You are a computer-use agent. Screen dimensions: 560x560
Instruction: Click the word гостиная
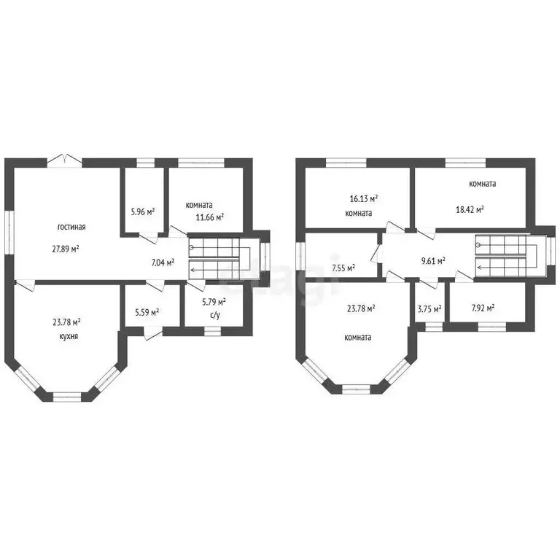[71, 227]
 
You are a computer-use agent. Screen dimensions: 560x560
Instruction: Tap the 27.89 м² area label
[66, 249]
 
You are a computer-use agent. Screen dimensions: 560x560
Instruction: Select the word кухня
[69, 336]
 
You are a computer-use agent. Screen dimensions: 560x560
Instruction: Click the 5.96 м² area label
[143, 211]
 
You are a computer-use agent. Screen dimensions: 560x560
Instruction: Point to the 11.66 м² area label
[210, 217]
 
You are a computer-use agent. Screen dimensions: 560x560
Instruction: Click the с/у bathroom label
[215, 316]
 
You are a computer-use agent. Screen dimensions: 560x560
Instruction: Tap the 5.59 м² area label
[147, 313]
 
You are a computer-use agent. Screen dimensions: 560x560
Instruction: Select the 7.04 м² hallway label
[163, 263]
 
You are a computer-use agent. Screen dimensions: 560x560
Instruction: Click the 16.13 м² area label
[364, 199]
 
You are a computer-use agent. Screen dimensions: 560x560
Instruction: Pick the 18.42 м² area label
[470, 210]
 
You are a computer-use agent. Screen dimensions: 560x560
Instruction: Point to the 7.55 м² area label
[343, 268]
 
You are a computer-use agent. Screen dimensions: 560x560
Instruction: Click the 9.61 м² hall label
[433, 261]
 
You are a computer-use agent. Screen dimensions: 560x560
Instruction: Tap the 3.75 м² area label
[429, 309]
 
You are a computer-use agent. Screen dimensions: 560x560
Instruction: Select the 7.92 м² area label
[483, 308]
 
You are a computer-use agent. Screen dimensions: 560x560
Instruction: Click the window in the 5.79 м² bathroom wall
[212, 332]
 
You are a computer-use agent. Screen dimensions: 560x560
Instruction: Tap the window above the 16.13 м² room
[346, 163]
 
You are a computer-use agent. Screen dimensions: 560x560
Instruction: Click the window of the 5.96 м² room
[146, 163]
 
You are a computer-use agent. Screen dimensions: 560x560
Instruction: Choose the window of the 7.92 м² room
[492, 327]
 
